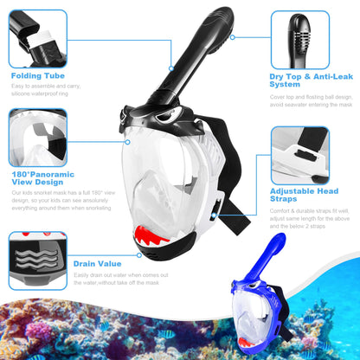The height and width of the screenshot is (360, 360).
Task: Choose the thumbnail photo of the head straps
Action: point(299,155)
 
